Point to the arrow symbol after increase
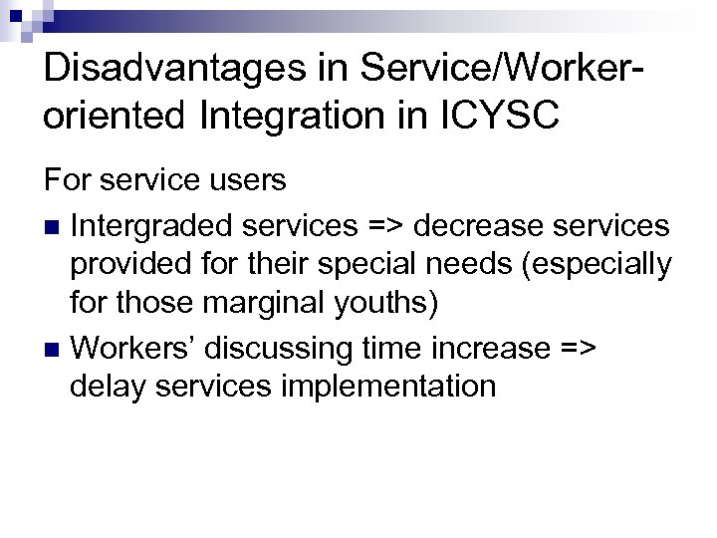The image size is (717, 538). pyautogui.click(x=576, y=348)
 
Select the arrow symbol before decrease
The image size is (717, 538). pyautogui.click(x=385, y=226)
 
